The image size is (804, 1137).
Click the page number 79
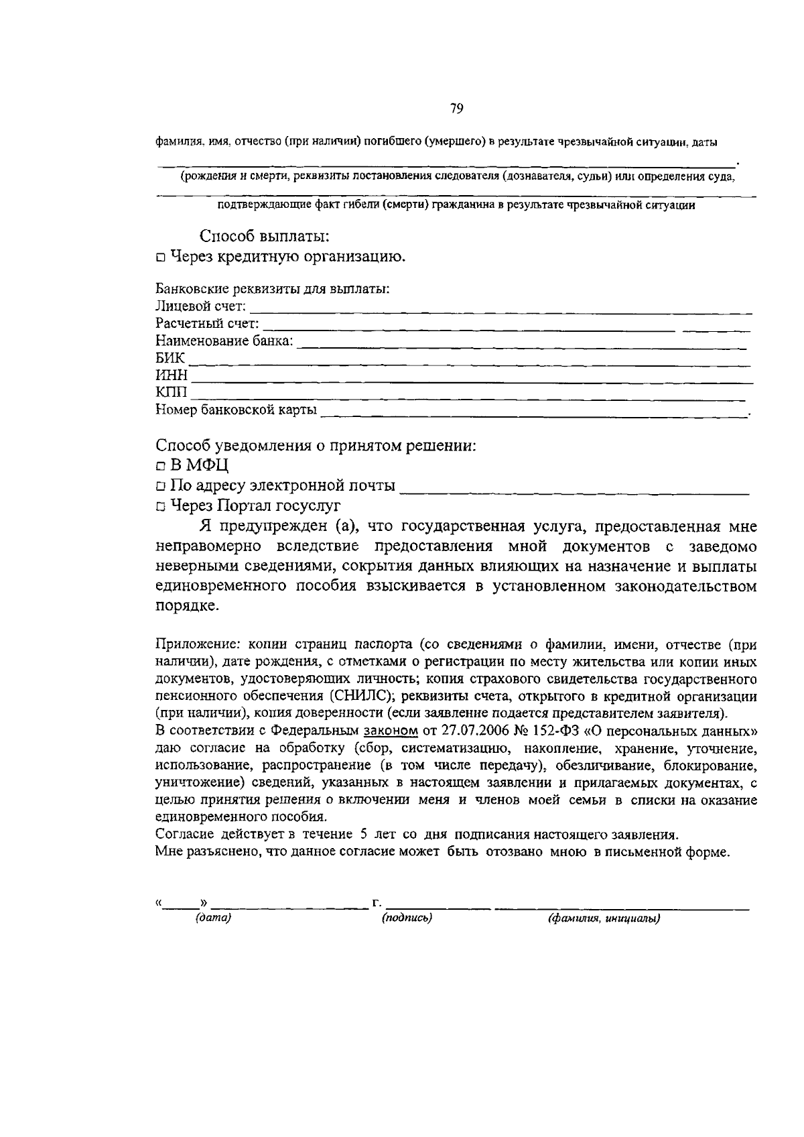457,109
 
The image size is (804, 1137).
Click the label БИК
170,359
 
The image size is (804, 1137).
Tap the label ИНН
172,376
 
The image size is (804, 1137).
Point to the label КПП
172,393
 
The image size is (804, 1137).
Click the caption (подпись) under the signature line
407,918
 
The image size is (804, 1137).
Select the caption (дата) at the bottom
212,918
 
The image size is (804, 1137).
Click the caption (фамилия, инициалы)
604,918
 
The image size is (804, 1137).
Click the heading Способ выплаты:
264,237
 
